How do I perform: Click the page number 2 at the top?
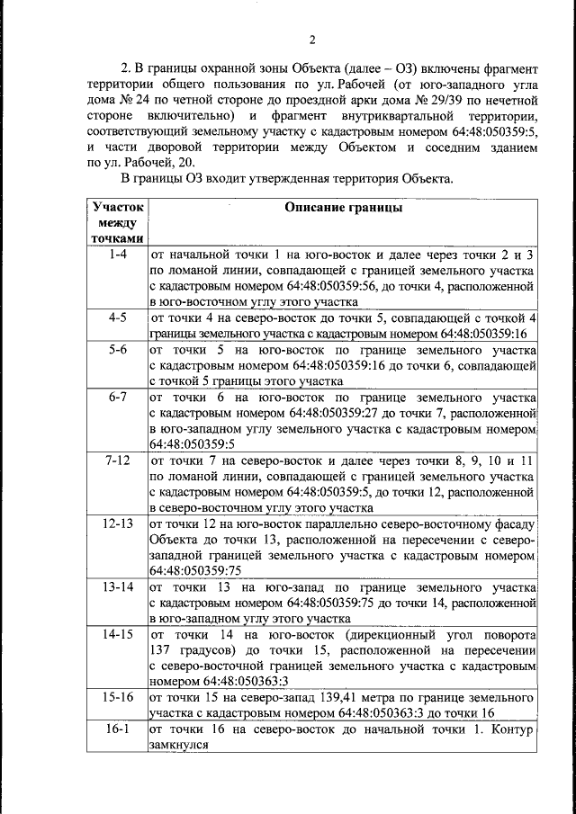click(x=312, y=39)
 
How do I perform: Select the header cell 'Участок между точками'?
click(x=117, y=222)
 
